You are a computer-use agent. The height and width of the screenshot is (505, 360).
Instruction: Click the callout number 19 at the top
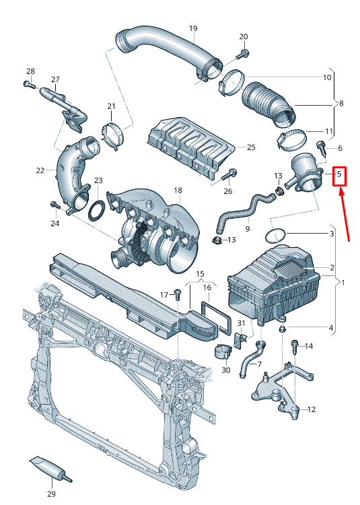[193, 28]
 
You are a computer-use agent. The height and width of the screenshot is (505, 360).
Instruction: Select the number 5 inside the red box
[340, 174]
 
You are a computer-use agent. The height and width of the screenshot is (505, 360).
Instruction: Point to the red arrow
[345, 215]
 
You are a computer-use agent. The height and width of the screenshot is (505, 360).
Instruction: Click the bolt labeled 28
[28, 84]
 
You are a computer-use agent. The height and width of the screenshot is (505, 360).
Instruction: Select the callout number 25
[251, 147]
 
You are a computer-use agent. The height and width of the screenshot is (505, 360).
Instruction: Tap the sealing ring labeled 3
[275, 236]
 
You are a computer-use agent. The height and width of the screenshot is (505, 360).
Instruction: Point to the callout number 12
[311, 409]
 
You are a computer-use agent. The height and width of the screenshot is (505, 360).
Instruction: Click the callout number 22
[40, 170]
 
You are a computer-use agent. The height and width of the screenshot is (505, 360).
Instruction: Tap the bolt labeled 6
[321, 145]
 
